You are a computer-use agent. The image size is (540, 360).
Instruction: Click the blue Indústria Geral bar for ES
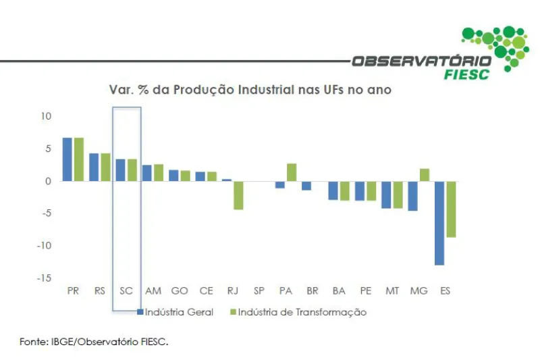click(439, 223)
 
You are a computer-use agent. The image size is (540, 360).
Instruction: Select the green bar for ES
click(451, 209)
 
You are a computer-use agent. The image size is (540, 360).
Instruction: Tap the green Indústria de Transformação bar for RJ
click(238, 195)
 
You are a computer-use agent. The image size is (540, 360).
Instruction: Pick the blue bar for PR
click(67, 159)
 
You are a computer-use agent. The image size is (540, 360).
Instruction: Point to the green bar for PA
click(292, 172)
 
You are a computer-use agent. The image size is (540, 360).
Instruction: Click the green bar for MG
click(425, 175)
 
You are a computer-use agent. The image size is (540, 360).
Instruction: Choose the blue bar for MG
click(412, 196)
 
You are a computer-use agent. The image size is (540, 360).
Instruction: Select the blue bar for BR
click(306, 186)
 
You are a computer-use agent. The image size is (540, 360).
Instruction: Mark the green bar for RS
click(105, 167)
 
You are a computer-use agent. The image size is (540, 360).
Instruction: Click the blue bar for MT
click(385, 195)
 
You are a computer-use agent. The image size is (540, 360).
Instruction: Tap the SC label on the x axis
click(126, 291)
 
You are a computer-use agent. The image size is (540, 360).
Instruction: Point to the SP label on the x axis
click(259, 291)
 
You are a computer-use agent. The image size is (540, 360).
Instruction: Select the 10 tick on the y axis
click(46, 116)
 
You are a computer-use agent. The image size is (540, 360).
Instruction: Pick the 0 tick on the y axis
click(49, 181)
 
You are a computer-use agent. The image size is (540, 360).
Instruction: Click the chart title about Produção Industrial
click(250, 90)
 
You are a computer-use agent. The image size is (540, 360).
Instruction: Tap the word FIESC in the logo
click(466, 74)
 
